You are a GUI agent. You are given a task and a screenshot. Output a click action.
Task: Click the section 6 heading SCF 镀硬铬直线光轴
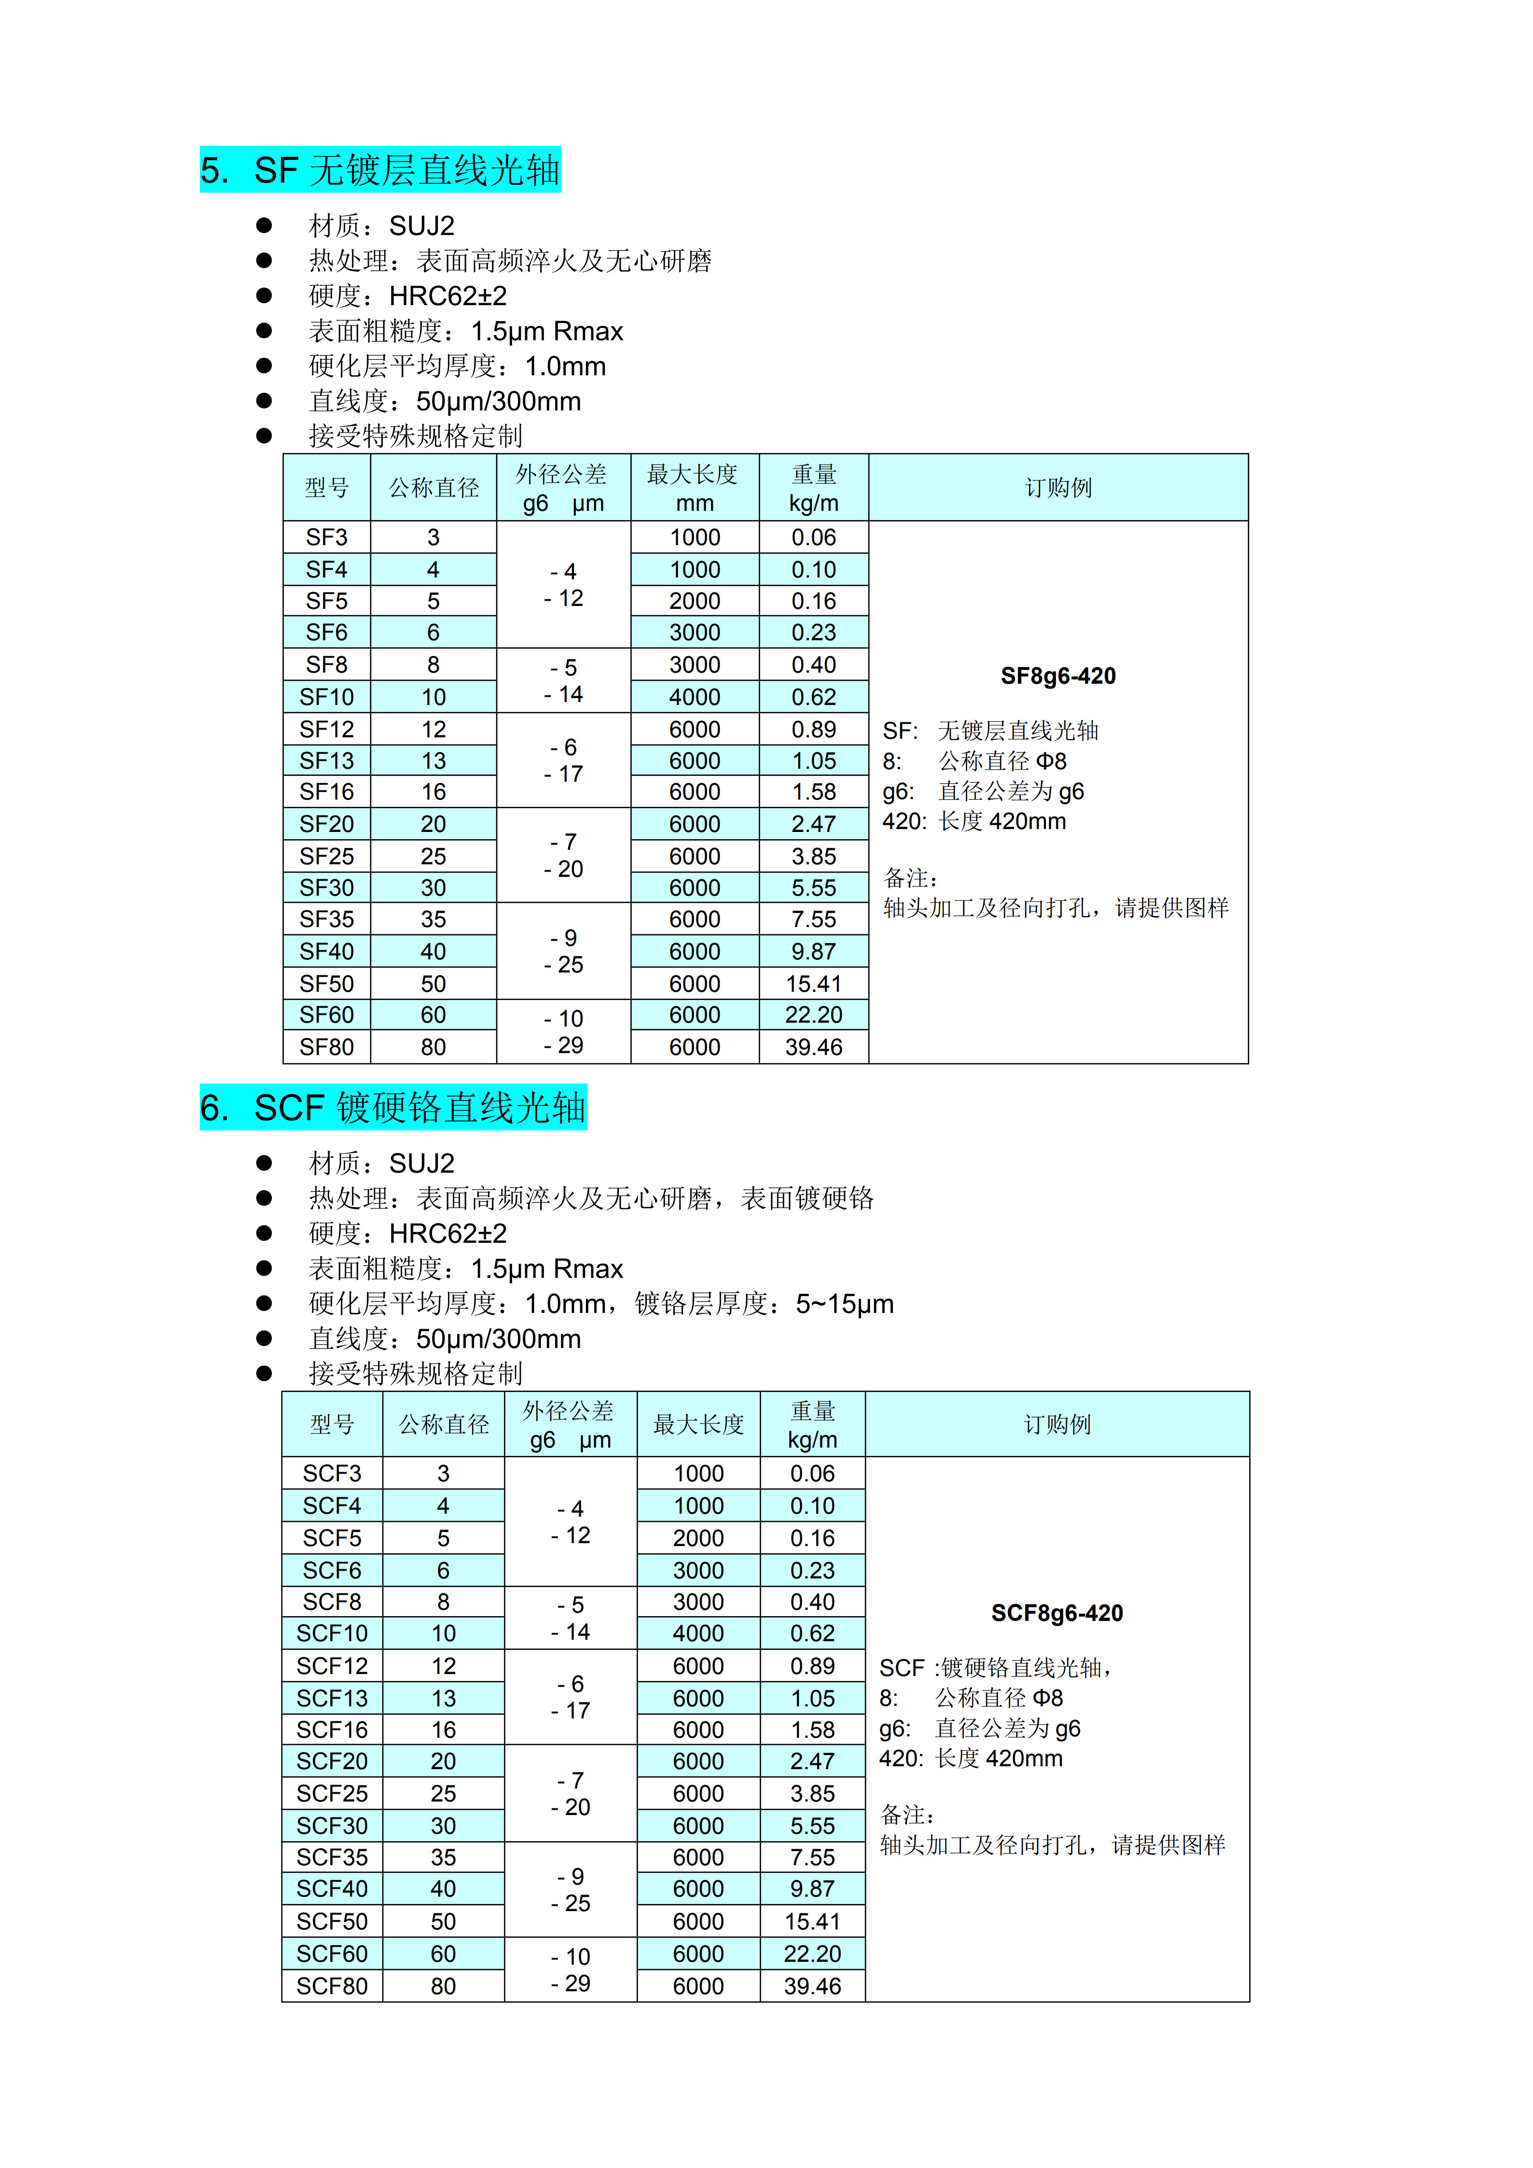coord(393,1108)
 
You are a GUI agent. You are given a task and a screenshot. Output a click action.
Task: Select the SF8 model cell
coord(327,665)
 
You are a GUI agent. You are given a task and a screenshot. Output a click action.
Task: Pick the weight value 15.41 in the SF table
coord(814,984)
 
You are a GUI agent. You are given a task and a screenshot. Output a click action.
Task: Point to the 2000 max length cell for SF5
coord(695,602)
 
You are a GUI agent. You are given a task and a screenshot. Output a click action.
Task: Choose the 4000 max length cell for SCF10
coord(698,1633)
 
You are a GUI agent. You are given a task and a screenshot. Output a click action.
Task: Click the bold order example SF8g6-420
coord(1058,676)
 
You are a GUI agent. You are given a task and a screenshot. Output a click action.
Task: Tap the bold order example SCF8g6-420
coord(1057,1613)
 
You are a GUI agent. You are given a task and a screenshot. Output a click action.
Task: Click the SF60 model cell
coord(327,1015)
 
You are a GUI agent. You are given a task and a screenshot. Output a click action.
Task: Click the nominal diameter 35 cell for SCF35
coord(444,1858)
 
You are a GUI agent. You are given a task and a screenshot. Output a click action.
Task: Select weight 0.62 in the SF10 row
coord(814,697)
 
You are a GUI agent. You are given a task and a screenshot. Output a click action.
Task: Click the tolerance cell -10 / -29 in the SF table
coord(564,1032)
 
